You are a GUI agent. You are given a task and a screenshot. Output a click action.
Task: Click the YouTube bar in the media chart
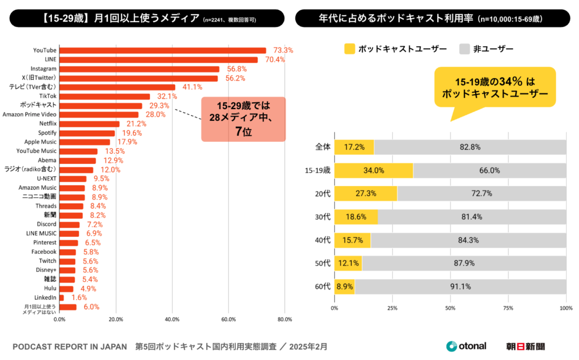pos(162,50)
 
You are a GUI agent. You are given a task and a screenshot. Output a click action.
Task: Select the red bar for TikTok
pos(105,97)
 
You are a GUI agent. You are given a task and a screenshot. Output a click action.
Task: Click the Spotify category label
pos(44,133)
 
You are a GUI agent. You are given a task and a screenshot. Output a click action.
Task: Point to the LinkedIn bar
pos(62,297)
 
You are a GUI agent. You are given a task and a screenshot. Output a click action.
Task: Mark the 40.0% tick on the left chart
pos(172,319)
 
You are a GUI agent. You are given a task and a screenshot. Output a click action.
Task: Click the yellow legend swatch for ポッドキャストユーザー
pos(349,49)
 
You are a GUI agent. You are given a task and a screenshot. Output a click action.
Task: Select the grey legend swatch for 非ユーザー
pos(465,49)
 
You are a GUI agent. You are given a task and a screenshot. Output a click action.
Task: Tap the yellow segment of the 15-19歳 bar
pos(373,171)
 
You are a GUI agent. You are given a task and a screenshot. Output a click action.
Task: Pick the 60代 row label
pos(322,287)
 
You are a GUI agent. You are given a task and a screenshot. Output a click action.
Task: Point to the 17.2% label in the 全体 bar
pos(354,147)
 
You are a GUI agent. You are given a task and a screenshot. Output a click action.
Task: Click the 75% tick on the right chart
pos(508,308)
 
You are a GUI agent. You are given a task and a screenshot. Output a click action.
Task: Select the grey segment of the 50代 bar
pos(464,263)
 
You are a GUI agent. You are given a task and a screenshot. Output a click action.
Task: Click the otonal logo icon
pos(451,346)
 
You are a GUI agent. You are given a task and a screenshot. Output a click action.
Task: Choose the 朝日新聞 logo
pos(529,346)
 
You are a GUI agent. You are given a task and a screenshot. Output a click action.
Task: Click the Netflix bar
pos(89,124)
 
